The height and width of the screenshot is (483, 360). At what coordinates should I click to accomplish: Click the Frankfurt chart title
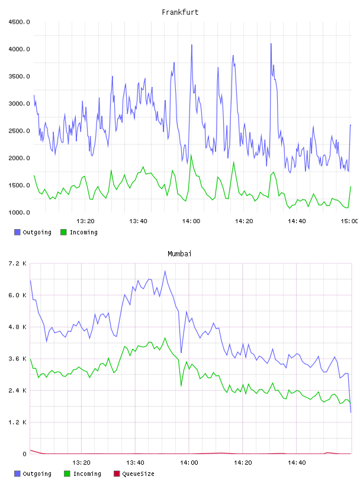point(180,12)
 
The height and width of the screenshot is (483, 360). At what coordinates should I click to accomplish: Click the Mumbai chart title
point(179,254)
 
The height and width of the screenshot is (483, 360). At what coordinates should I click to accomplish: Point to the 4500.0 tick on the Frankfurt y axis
point(19,22)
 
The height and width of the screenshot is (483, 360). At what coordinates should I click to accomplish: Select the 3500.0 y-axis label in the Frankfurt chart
point(19,76)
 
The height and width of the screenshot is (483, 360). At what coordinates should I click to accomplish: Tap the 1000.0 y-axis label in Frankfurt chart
point(19,212)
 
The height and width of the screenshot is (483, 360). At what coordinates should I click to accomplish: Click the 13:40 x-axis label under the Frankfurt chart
point(138,221)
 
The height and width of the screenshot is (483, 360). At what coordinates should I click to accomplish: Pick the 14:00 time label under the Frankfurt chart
point(191,221)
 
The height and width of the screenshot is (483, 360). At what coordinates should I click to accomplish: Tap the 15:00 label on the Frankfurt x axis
point(349,221)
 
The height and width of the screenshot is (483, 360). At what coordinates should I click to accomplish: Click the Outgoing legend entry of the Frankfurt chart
point(33,232)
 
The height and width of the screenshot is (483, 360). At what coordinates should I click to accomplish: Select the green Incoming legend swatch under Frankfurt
point(63,232)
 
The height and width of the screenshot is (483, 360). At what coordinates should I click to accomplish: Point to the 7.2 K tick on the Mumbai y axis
point(17,263)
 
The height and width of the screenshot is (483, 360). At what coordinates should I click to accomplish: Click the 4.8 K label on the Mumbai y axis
point(17,327)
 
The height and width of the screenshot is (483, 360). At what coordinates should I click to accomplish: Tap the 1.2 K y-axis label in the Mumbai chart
point(17,422)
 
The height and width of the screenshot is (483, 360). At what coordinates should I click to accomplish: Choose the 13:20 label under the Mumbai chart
point(81,462)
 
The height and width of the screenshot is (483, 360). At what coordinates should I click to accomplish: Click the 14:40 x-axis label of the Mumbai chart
point(297,462)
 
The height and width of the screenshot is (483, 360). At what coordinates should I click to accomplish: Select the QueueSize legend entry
point(134,474)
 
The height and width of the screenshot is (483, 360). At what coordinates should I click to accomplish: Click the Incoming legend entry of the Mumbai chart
point(82,474)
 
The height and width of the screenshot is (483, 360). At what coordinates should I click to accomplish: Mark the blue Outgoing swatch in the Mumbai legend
point(17,474)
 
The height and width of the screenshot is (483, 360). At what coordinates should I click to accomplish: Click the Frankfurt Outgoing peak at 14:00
point(192,45)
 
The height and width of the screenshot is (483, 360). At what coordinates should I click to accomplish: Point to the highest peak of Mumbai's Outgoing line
point(165,271)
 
